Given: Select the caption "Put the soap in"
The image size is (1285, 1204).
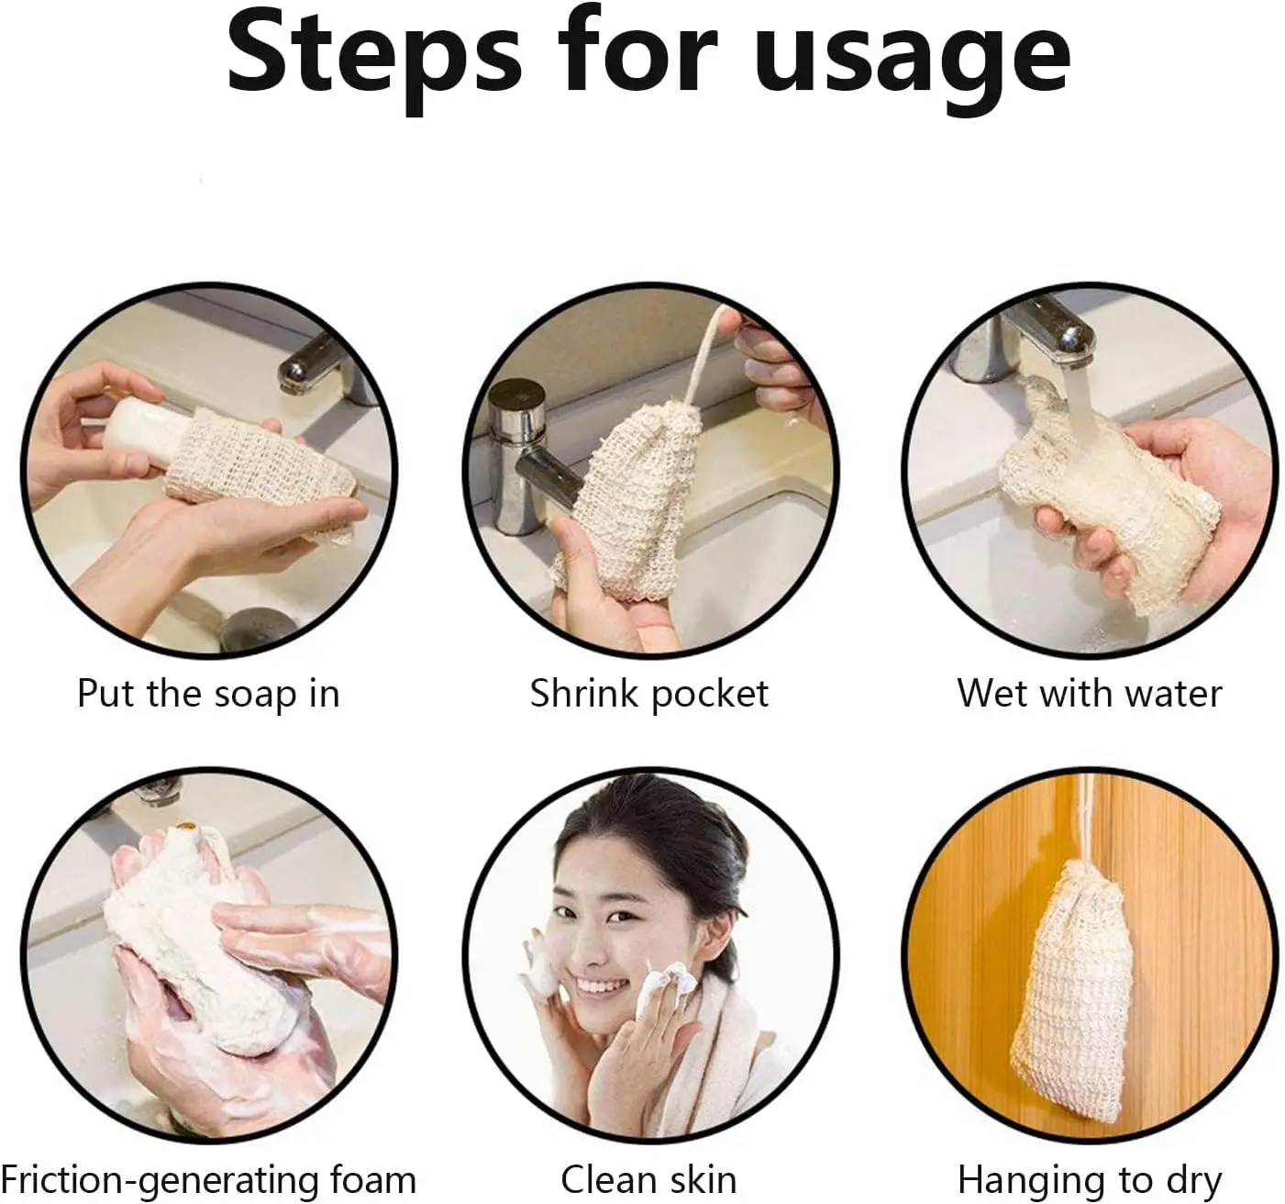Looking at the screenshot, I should tap(208, 694).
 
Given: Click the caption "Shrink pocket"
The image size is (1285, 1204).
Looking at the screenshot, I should tap(648, 694).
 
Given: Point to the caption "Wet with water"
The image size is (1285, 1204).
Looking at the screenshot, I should tap(1090, 694).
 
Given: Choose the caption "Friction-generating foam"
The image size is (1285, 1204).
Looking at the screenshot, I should tap(208, 1179).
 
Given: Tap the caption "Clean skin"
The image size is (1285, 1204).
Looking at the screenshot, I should tap(648, 1179).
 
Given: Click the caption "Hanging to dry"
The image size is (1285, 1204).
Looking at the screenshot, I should tap(1090, 1179).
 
